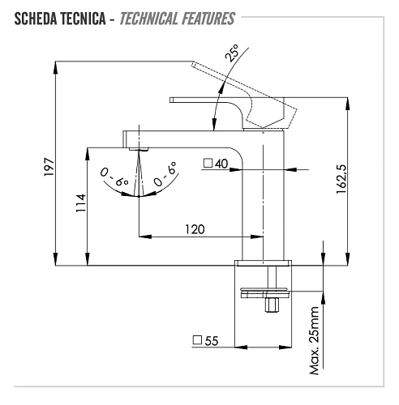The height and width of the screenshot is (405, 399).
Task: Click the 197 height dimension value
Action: click(x=49, y=167)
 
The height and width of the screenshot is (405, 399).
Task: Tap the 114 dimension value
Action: click(x=81, y=203)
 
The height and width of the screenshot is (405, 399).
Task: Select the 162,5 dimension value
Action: click(x=341, y=179)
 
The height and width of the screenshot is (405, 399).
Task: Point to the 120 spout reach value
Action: click(x=195, y=229)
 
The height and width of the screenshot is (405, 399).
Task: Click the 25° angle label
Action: click(x=233, y=53)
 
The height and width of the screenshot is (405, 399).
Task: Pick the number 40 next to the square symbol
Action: click(x=221, y=164)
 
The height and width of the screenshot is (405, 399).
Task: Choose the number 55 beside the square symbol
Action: click(x=212, y=341)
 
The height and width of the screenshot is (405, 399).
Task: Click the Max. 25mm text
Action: click(x=315, y=341)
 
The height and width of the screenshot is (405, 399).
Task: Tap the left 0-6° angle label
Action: click(x=114, y=177)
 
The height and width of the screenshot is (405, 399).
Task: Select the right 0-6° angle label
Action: click(x=165, y=174)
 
